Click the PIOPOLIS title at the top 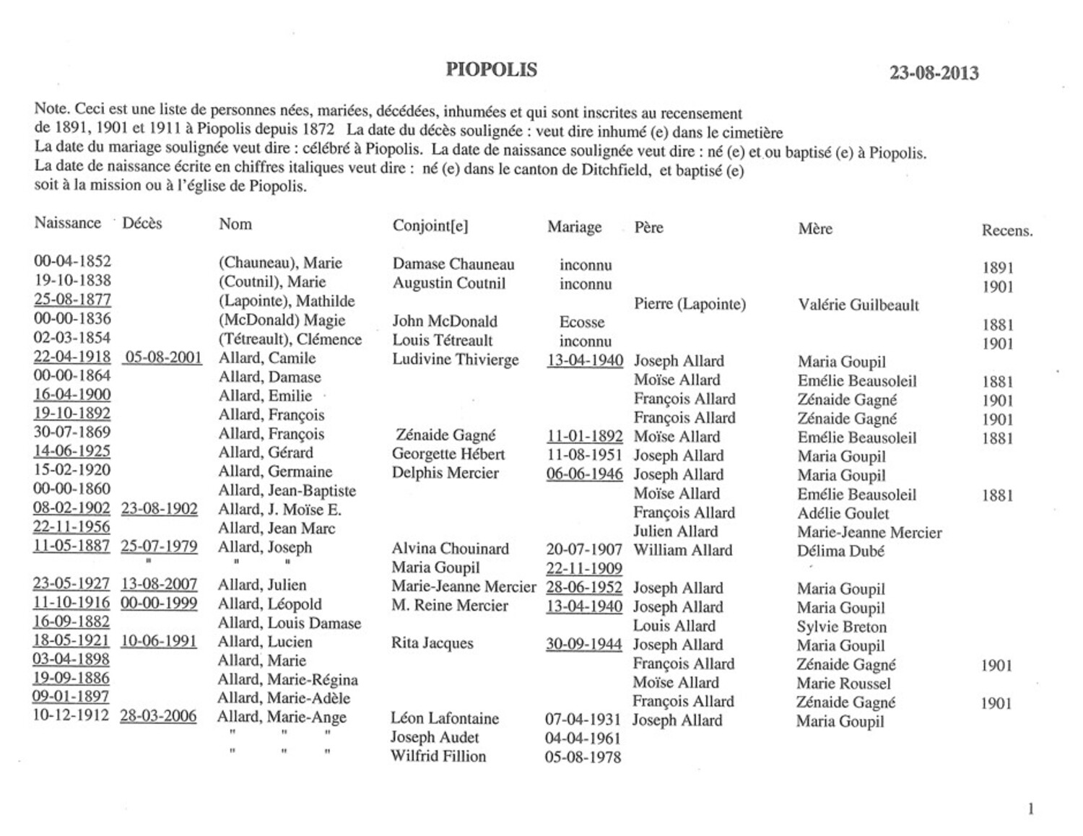coord(491,70)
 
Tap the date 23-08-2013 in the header coord(934,73)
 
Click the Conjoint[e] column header coord(430,226)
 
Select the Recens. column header coord(1006,231)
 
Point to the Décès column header coord(142,223)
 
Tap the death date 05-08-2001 coord(162,357)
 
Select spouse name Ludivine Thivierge coord(456,360)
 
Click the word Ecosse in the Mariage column coord(582,322)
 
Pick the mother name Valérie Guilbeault coord(858,305)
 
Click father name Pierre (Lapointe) coord(690,304)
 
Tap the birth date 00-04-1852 coord(72,261)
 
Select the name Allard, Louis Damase coord(290,623)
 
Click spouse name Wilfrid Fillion coord(438,757)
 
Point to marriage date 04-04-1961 coord(583,739)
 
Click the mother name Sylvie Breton coord(841,627)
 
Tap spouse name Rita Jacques coord(432,643)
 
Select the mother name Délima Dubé coord(840,551)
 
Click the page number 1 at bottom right coord(1030,809)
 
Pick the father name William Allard coord(682,550)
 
